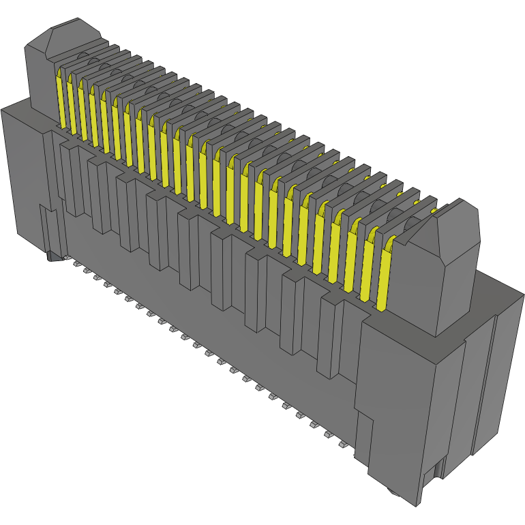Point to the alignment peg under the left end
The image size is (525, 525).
click(53, 256)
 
